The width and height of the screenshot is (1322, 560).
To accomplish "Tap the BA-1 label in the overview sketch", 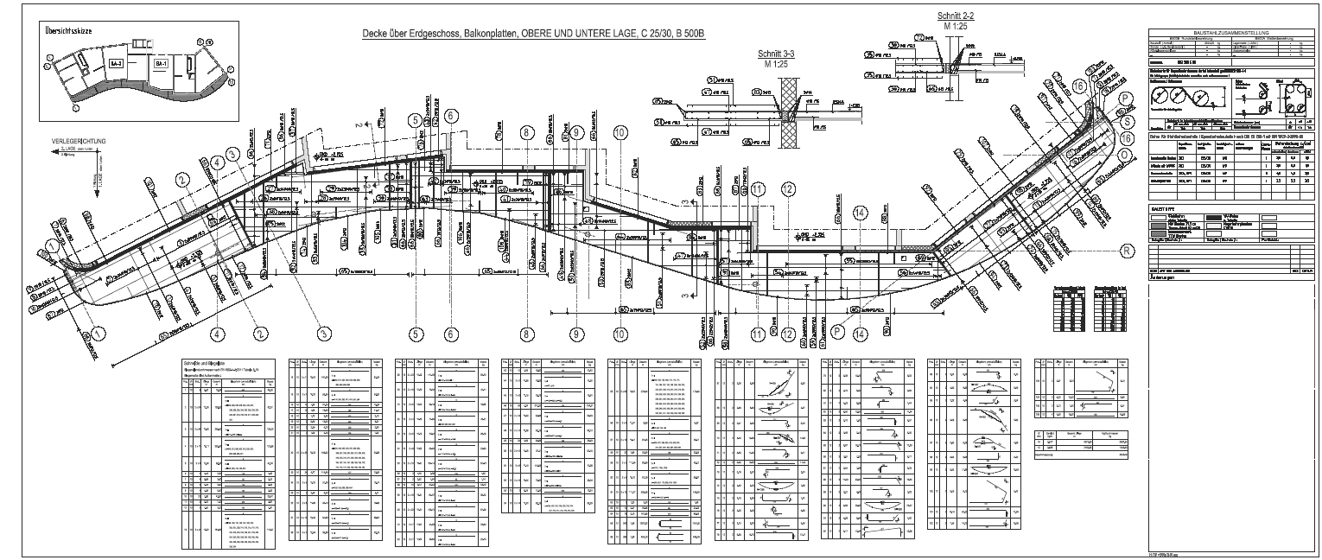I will point(161,64).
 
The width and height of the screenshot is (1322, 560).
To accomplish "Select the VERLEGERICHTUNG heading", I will point(78,140).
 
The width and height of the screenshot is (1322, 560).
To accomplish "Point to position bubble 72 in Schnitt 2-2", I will point(920,35).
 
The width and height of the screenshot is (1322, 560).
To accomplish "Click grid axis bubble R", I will point(1125,251).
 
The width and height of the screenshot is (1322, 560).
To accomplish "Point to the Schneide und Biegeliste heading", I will point(204,362).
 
